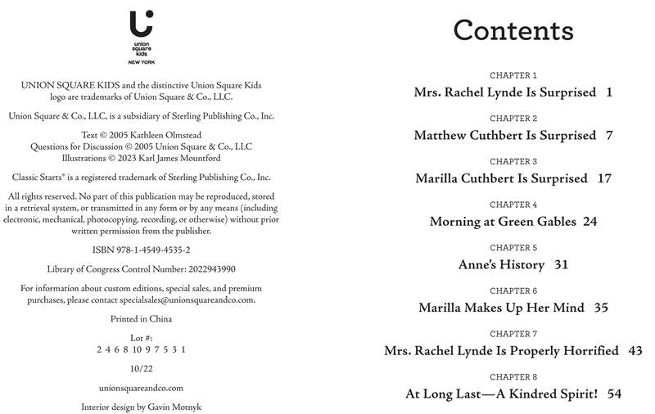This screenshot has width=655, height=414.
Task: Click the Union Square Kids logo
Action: pyautogui.click(x=141, y=36)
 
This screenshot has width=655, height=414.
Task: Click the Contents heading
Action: pyautogui.click(x=513, y=30)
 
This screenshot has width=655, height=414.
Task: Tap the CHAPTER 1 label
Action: pyautogui.click(x=513, y=75)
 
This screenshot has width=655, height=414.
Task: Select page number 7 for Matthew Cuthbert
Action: pyautogui.click(x=609, y=135)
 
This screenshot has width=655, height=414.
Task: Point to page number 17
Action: pyautogui.click(x=604, y=178)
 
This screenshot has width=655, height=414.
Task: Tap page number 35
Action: pyautogui.click(x=601, y=308)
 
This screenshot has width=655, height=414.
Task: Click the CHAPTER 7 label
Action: pyautogui.click(x=513, y=334)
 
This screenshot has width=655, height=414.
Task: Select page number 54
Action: pyautogui.click(x=614, y=394)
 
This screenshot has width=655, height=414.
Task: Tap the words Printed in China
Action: pyautogui.click(x=141, y=319)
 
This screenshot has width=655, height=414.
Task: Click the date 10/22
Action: pyautogui.click(x=141, y=368)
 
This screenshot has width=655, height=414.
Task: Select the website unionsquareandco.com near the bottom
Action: pyautogui.click(x=141, y=388)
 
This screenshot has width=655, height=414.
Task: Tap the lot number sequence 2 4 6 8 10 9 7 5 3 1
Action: pyautogui.click(x=141, y=349)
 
